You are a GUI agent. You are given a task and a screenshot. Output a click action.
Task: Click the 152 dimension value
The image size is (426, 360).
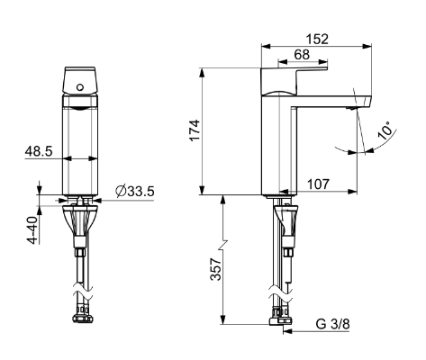point(317,40)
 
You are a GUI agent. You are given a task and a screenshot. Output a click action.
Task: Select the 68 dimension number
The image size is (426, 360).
point(302,55)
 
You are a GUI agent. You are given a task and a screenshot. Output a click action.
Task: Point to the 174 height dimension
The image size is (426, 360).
point(195,130)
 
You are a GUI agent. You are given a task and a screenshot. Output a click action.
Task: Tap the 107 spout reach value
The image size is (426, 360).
point(318,184)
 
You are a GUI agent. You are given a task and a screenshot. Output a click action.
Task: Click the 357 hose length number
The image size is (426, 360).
point(215,269)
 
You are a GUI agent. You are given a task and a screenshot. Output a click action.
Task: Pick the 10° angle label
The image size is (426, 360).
point(385,130)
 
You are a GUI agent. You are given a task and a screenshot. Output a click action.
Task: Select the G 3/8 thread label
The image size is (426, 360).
point(333,324)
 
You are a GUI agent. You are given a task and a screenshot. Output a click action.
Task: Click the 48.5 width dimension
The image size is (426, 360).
point(39,151)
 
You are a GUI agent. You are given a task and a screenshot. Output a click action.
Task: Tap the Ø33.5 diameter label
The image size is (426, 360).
point(135,191)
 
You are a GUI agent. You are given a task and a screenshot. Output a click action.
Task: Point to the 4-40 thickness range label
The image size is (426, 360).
point(32,229)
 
